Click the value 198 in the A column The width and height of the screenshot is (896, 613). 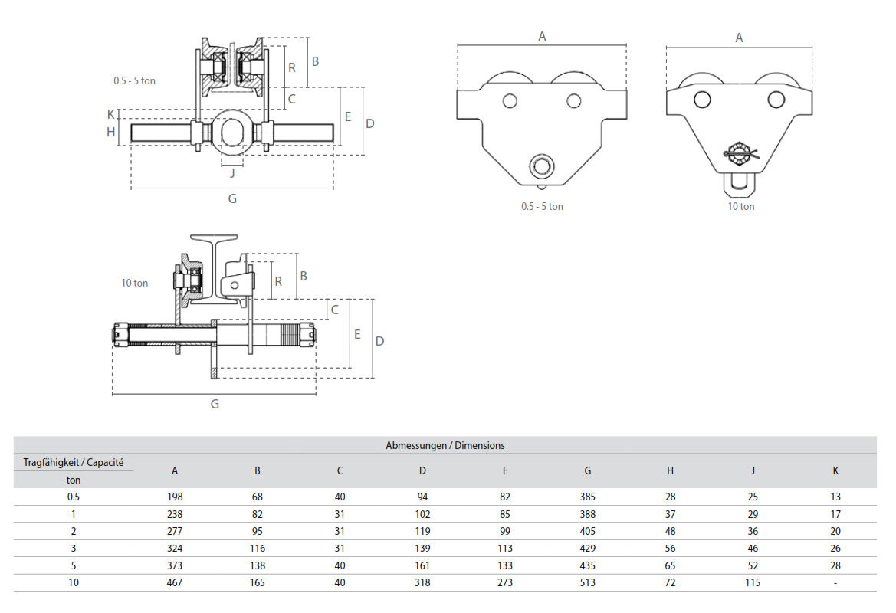click(175, 497)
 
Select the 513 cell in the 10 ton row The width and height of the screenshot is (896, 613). click(588, 583)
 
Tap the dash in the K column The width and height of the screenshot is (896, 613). click(835, 583)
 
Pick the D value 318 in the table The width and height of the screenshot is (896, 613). click(422, 583)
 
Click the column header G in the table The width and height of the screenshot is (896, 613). click(588, 470)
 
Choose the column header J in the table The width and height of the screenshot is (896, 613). click(753, 470)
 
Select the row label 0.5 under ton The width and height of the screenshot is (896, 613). click(74, 497)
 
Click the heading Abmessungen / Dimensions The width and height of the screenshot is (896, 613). click(445, 445)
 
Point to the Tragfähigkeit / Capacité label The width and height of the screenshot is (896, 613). click(74, 462)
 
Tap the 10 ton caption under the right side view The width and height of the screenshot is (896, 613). click(741, 206)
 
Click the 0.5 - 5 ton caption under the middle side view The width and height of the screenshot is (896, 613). click(542, 206)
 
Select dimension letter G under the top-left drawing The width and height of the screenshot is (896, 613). click(232, 198)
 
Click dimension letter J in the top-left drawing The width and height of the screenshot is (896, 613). click(232, 172)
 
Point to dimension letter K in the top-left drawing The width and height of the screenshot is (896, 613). click(111, 114)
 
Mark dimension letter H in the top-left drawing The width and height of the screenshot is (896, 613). click(111, 132)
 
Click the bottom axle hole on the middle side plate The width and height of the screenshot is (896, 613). click(542, 164)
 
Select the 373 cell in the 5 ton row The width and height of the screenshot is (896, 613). click(175, 565)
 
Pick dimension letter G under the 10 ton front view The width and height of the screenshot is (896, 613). click(215, 404)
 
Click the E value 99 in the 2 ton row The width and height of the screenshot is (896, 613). click(505, 531)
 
